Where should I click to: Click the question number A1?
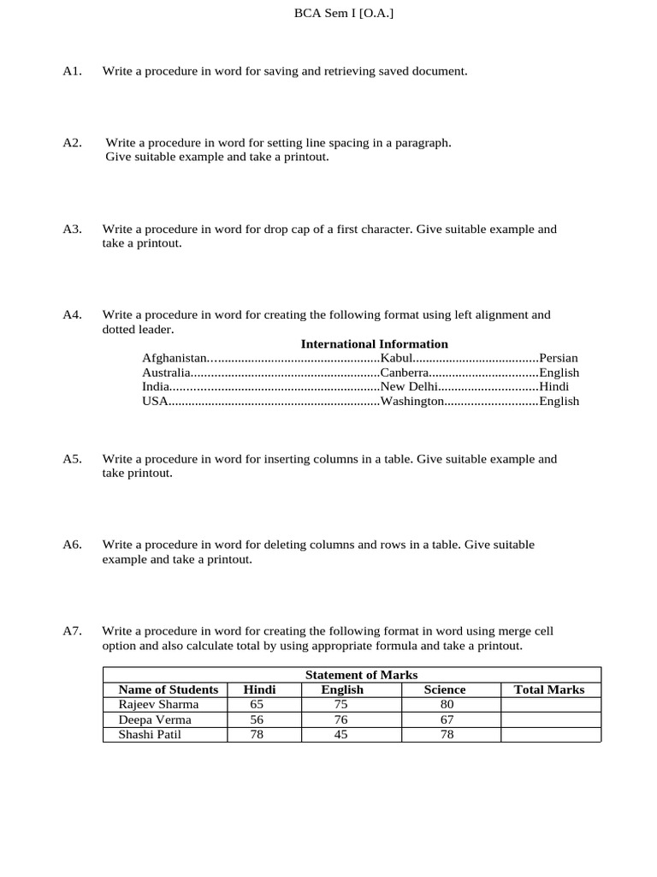pyautogui.click(x=72, y=71)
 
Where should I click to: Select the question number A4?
pyautogui.click(x=72, y=315)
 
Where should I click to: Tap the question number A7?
pyautogui.click(x=72, y=631)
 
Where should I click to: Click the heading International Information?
pyautogui.click(x=374, y=344)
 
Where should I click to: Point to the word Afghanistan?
pyautogui.click(x=175, y=358)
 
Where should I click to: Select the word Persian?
pyautogui.click(x=559, y=358)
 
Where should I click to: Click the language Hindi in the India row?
pyautogui.click(x=553, y=386)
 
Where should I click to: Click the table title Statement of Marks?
pyautogui.click(x=361, y=675)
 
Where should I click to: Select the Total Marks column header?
pyautogui.click(x=549, y=689)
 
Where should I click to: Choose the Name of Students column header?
pyautogui.click(x=168, y=689)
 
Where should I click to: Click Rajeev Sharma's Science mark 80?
pyautogui.click(x=447, y=704)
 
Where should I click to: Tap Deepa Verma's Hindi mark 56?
pyautogui.click(x=257, y=719)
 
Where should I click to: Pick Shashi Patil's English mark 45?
pyautogui.click(x=340, y=734)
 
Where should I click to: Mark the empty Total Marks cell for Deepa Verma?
pyautogui.click(x=550, y=719)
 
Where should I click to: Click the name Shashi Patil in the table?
pyautogui.click(x=150, y=734)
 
